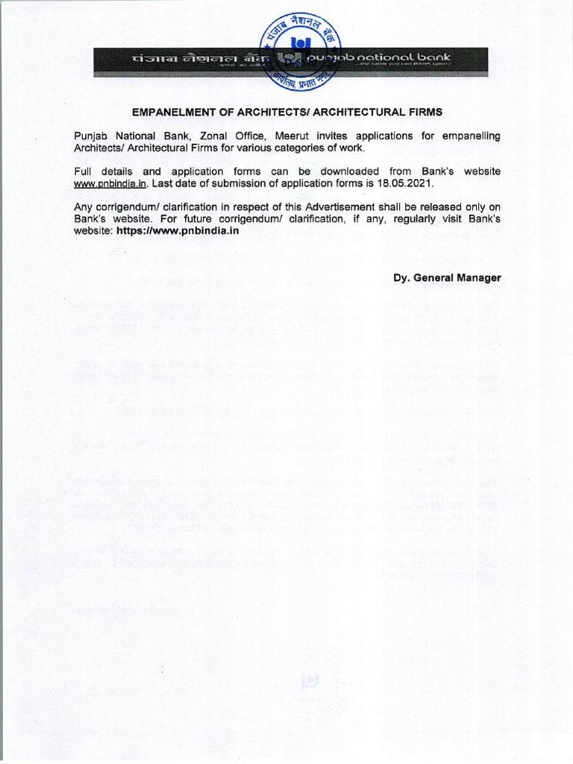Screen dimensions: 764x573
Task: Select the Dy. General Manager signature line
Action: click(447, 278)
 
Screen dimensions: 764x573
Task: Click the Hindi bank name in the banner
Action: click(187, 58)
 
